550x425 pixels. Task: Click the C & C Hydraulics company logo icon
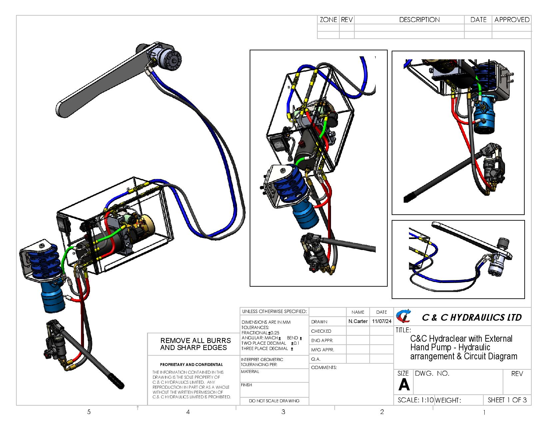pos(403,317)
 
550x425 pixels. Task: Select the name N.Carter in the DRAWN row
pos(358,321)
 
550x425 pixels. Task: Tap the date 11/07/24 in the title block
pos(381,321)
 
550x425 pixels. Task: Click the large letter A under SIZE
pos(404,385)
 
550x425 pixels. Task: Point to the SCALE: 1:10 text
pos(415,400)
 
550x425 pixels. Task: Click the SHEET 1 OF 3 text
pos(507,400)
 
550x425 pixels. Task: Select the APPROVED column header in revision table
pos(512,20)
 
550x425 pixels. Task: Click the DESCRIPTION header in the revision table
pos(419,20)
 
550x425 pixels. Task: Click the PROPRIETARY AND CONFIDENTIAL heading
pos(191,365)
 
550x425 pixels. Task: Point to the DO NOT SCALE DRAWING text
pos(274,401)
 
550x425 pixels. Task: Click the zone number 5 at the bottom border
pos(89,412)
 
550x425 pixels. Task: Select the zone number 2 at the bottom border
pos(382,412)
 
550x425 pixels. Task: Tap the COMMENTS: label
pos(324,368)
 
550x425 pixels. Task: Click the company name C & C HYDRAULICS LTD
pos(471,318)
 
